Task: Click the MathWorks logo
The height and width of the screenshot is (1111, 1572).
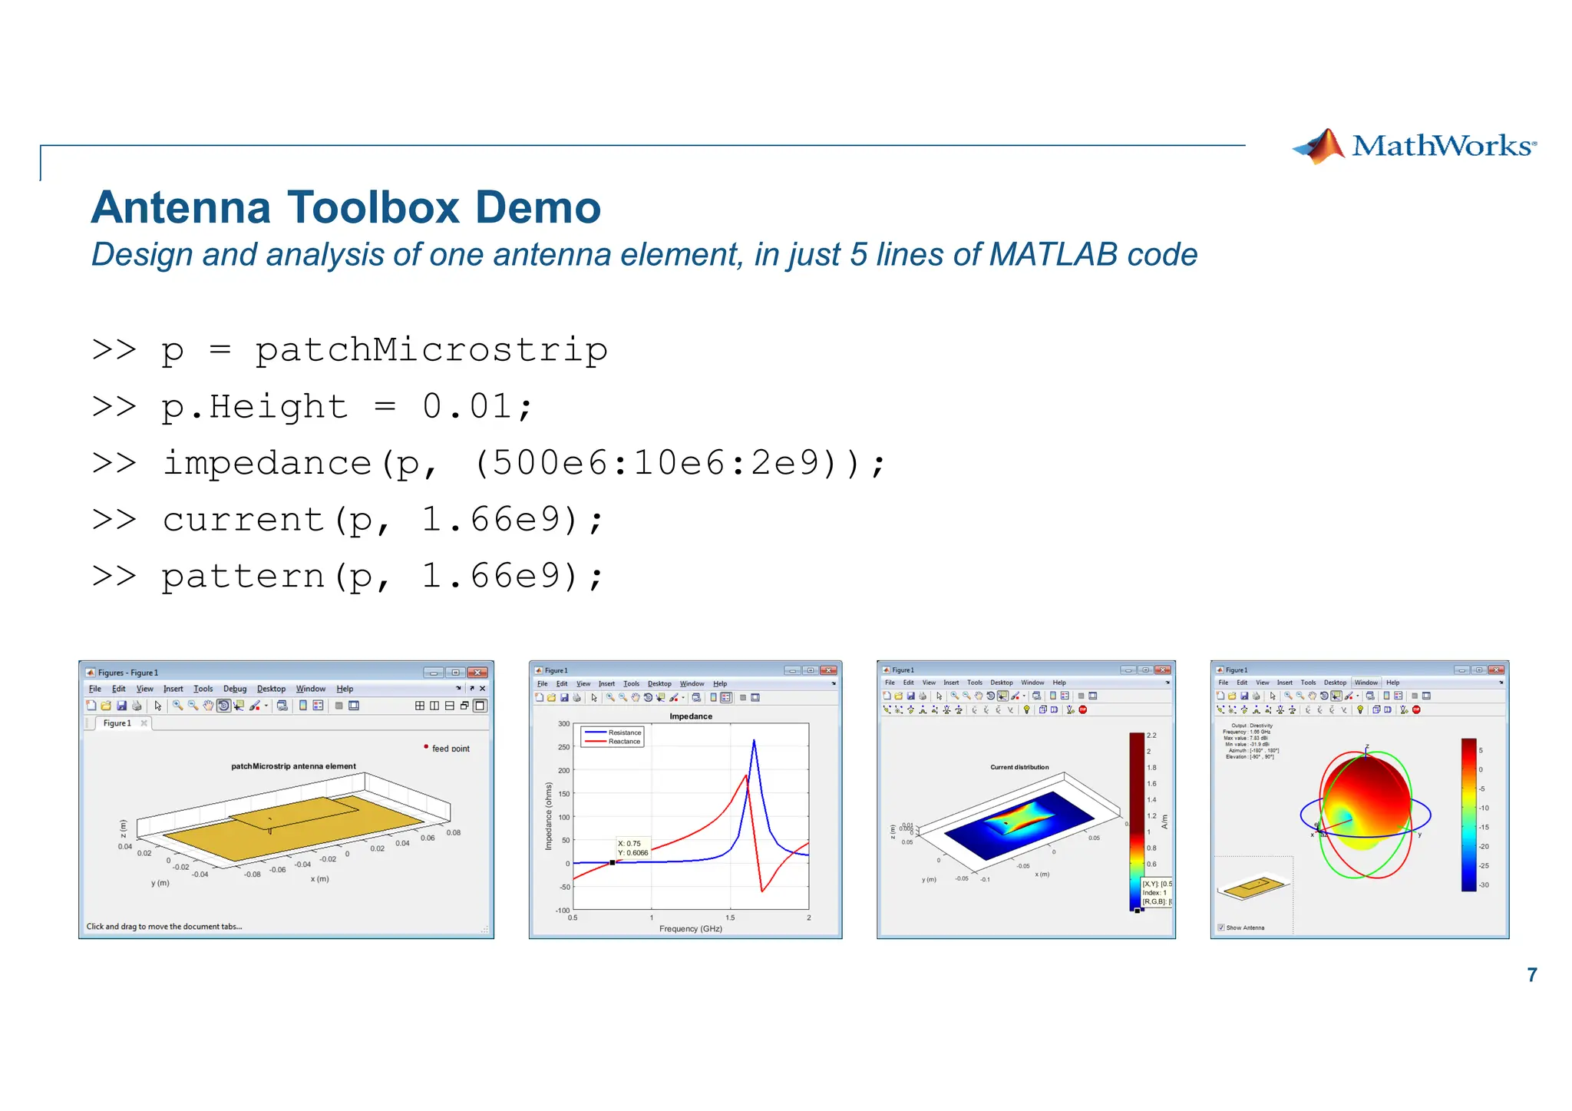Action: pyautogui.click(x=1415, y=146)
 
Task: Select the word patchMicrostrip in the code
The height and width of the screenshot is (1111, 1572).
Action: pyautogui.click(x=431, y=351)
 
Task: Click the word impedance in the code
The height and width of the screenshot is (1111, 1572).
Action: pyautogui.click(x=267, y=464)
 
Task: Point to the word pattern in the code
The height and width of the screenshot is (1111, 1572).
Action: pyautogui.click(x=243, y=577)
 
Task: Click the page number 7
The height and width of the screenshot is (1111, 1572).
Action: pyautogui.click(x=1531, y=975)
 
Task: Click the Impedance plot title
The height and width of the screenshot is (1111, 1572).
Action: pyautogui.click(x=690, y=716)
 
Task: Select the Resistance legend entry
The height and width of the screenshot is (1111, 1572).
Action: pyautogui.click(x=624, y=732)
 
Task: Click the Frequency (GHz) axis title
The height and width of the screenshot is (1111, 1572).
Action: pyautogui.click(x=690, y=929)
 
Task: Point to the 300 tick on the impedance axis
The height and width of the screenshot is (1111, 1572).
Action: pyautogui.click(x=563, y=724)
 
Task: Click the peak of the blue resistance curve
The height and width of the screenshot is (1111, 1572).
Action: pyautogui.click(x=754, y=741)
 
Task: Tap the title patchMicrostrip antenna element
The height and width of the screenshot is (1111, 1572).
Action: pyautogui.click(x=293, y=766)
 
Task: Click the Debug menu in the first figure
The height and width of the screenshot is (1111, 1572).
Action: pyautogui.click(x=235, y=689)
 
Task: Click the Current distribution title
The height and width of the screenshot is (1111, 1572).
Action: pyautogui.click(x=1019, y=767)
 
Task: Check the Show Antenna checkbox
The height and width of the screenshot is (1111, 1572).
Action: pyautogui.click(x=1221, y=927)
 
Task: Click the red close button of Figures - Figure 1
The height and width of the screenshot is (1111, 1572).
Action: pyautogui.click(x=477, y=673)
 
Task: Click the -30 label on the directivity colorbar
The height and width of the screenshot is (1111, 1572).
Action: pyautogui.click(x=1484, y=885)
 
